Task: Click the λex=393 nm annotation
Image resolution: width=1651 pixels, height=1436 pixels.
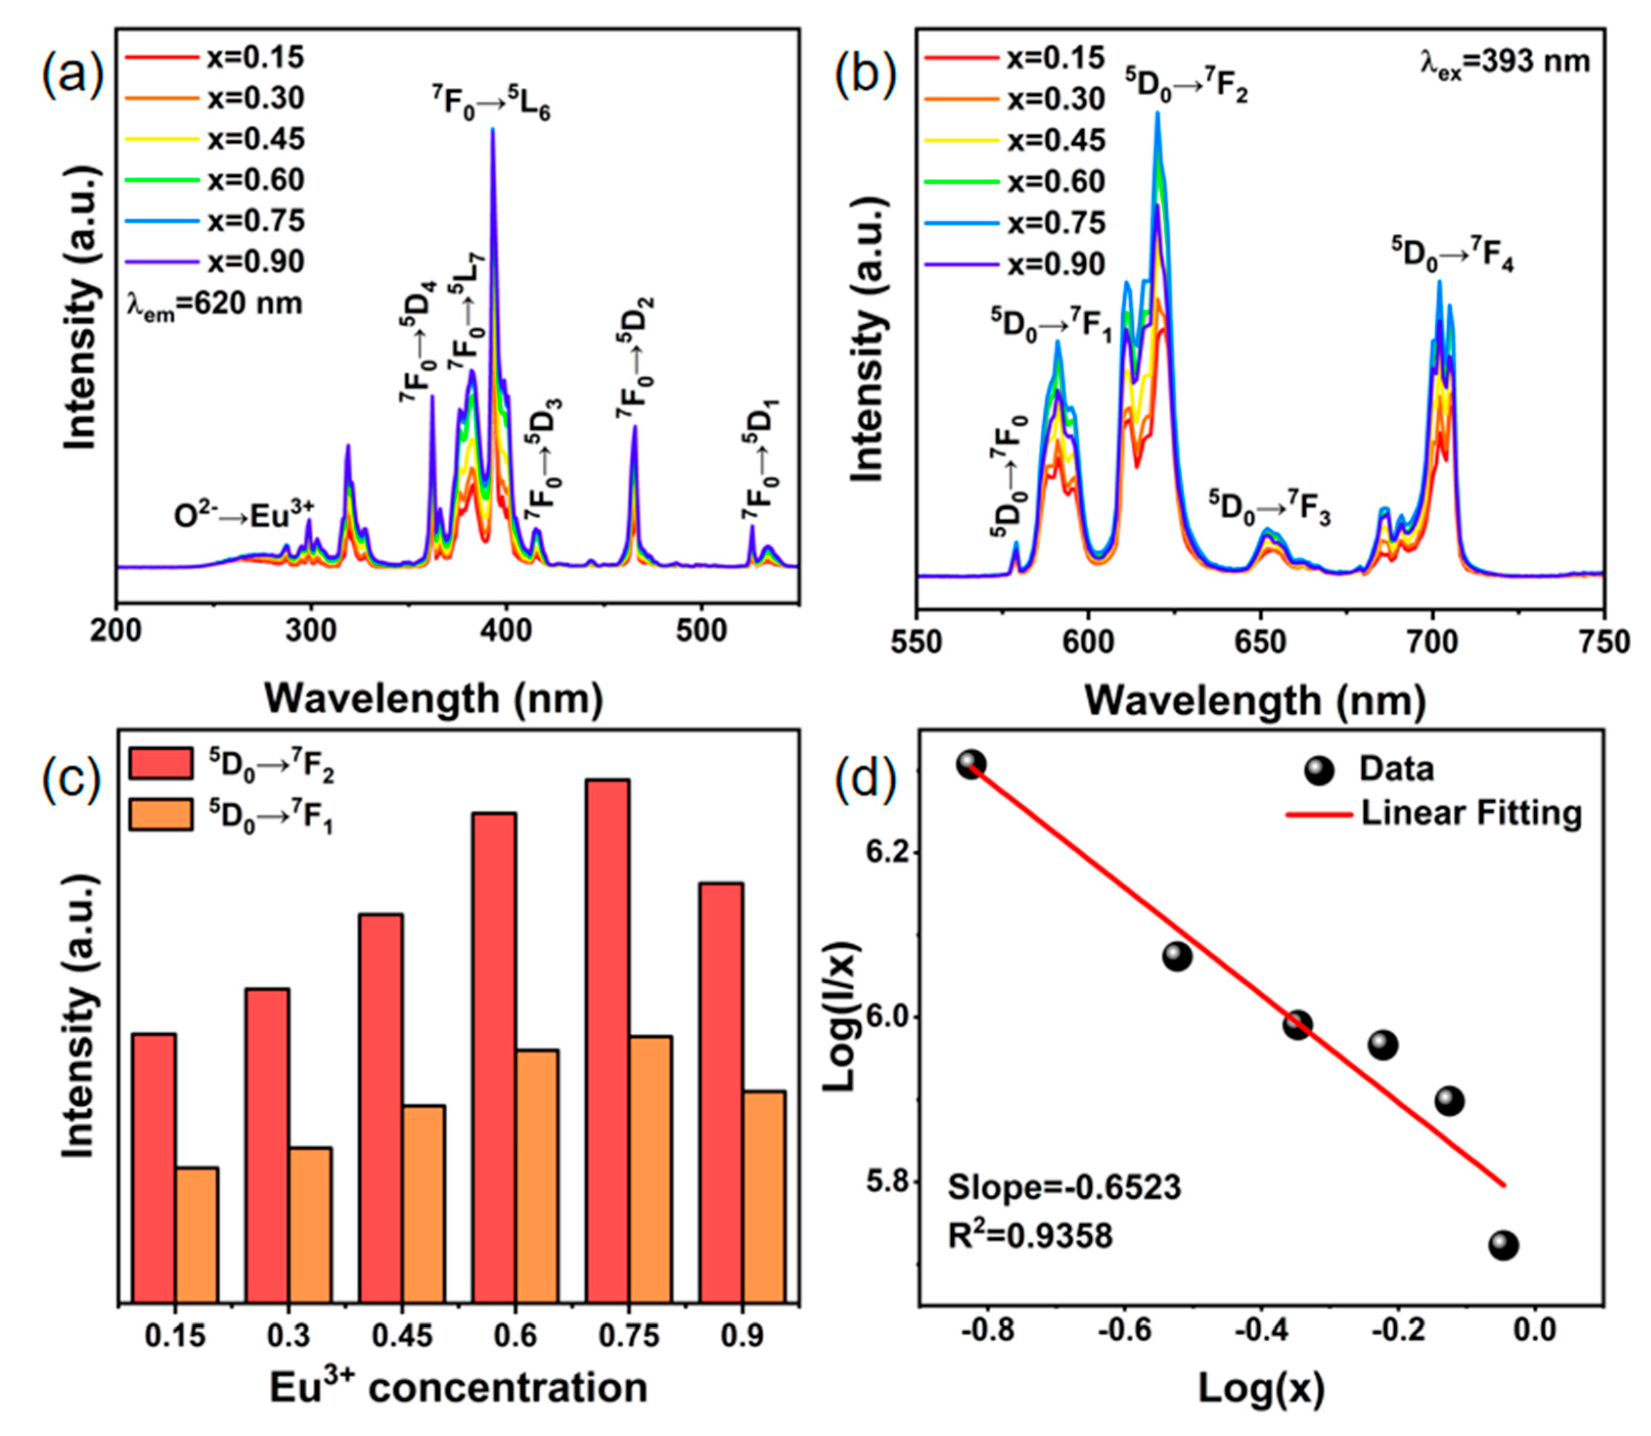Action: coord(1504,62)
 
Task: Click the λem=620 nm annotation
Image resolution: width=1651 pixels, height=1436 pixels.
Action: coord(215,305)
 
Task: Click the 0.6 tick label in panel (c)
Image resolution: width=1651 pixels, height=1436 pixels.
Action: coord(514,1336)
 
